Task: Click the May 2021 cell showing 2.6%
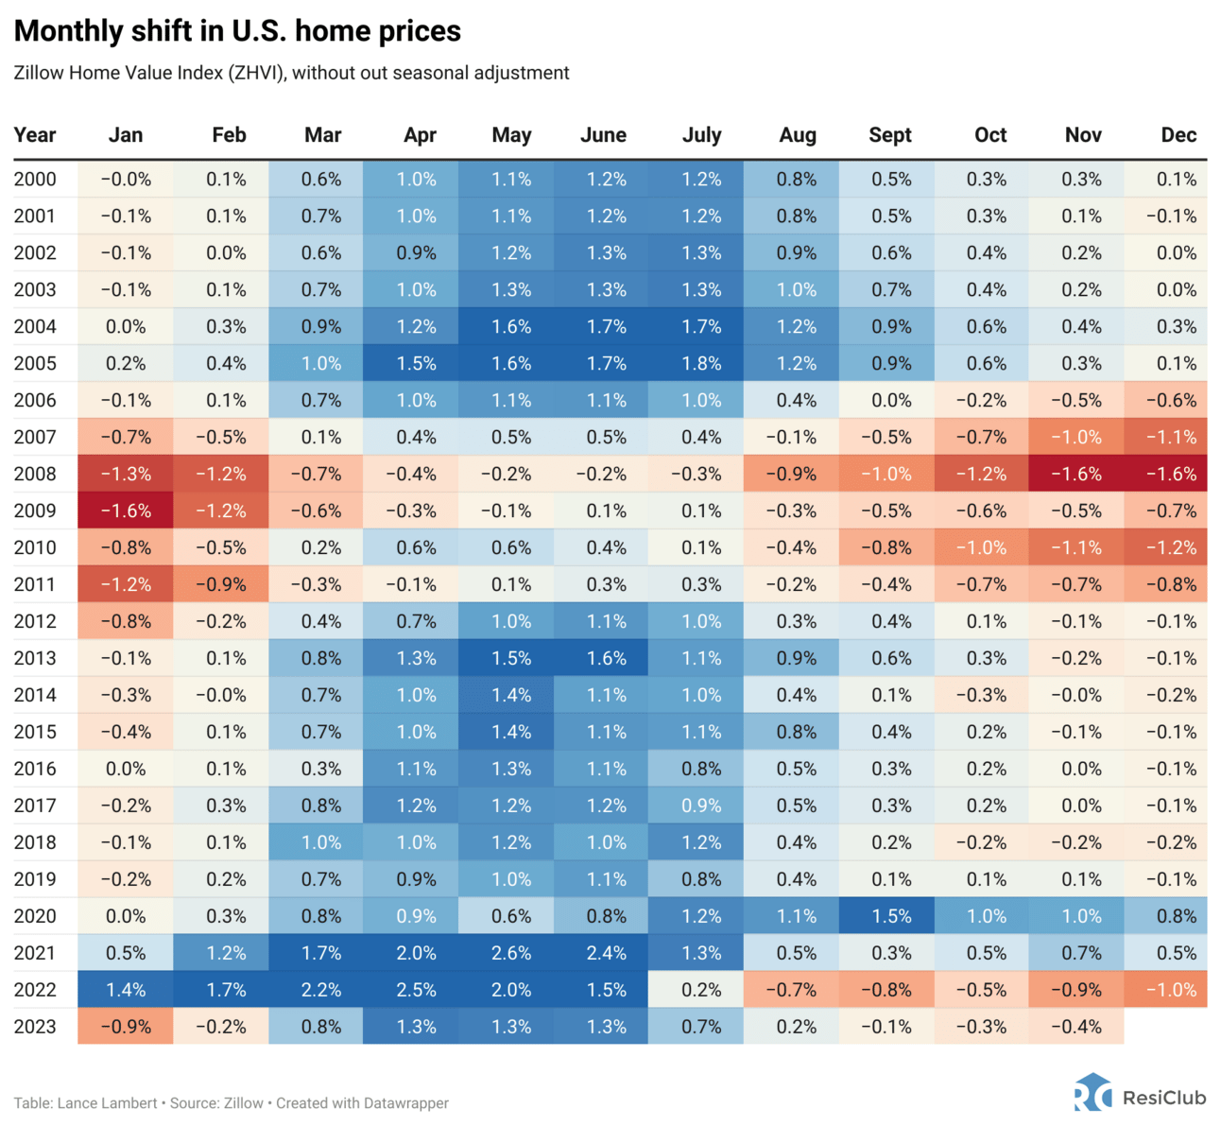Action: [x=510, y=953]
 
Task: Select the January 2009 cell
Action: [x=126, y=511]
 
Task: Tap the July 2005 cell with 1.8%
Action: [x=701, y=363]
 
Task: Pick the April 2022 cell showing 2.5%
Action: [x=416, y=990]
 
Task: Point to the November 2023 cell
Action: [x=1076, y=1027]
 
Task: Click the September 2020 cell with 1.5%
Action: [x=891, y=916]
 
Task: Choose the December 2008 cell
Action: [x=1171, y=474]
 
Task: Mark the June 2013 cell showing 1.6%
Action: [x=605, y=658]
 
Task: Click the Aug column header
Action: [x=798, y=135]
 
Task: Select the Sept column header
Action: [x=890, y=135]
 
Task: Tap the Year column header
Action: [x=35, y=135]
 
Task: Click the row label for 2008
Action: [x=35, y=474]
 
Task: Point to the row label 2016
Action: [x=35, y=769]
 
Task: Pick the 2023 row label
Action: [x=35, y=1027]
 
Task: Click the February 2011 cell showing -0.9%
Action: [x=221, y=584]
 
